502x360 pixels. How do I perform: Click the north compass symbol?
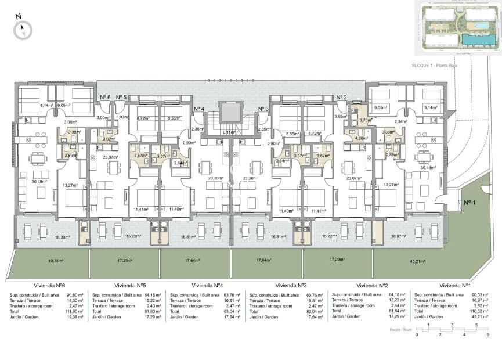click(23, 28)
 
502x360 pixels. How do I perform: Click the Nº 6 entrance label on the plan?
click(105, 97)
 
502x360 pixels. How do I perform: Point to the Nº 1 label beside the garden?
click(470, 203)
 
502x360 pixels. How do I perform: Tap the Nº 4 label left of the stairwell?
click(199, 109)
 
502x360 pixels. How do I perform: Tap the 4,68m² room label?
click(362, 139)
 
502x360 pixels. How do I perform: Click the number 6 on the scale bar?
click(487, 335)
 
